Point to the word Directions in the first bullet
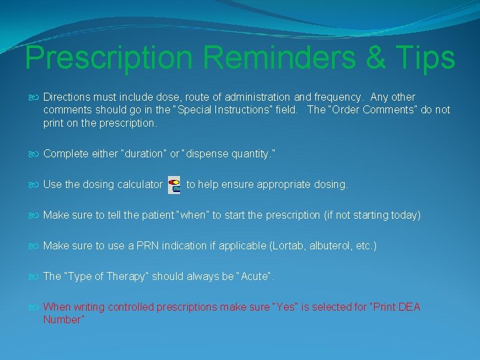pos(66,97)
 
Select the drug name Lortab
pos(288,246)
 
